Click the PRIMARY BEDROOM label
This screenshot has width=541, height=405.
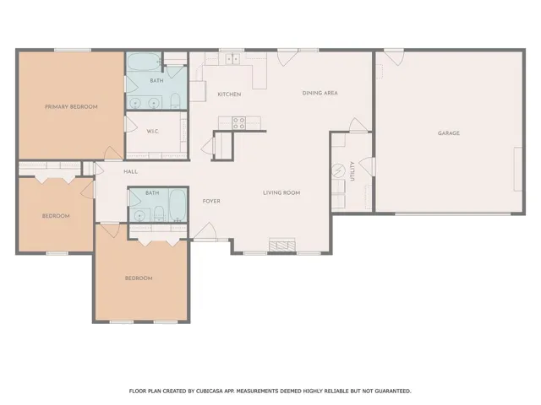click(71, 107)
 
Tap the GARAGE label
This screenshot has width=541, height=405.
click(449, 133)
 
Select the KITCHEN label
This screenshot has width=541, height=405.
click(229, 94)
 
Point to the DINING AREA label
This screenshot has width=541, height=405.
click(320, 93)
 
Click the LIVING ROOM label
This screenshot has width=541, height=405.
click(281, 193)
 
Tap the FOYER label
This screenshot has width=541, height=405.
click(211, 201)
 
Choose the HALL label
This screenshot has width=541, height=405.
click(130, 171)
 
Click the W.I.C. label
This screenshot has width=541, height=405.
click(152, 132)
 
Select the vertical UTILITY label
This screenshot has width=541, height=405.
click(352, 171)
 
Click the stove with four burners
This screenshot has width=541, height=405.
click(238, 123)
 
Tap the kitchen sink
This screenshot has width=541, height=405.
click(233, 59)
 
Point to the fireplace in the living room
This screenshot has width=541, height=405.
click(282, 244)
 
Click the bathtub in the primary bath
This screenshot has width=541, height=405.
click(145, 62)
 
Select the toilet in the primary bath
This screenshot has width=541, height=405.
click(175, 100)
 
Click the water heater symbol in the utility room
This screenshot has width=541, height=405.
click(338, 170)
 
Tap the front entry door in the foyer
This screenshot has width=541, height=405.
click(205, 231)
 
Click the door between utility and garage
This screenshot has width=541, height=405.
click(367, 167)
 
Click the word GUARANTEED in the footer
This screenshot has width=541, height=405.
click(392, 391)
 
